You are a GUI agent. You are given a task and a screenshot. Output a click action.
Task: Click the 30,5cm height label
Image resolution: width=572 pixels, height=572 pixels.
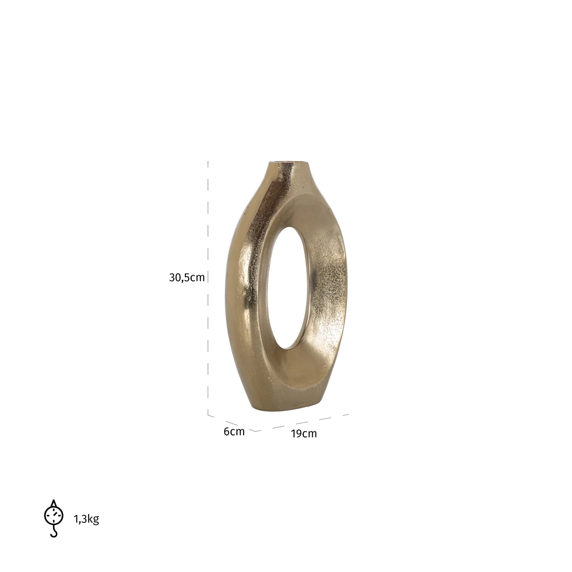point(187,278)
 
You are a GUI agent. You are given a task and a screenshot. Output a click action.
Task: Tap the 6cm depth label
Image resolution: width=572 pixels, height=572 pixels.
point(234,432)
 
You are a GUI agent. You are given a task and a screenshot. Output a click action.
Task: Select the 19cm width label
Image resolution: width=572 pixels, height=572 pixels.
point(304,433)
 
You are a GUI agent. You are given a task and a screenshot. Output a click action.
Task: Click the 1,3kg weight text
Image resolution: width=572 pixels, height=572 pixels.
point(86,519)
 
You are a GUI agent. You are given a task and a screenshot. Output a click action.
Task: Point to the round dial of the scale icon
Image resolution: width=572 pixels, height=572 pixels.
point(54,515)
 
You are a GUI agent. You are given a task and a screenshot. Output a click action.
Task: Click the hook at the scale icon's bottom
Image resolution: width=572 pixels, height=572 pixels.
point(55,532)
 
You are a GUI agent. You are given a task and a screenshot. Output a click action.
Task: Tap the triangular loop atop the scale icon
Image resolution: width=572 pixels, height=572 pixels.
point(54,503)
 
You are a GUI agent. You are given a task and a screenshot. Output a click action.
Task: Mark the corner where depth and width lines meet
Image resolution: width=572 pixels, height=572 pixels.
point(258,431)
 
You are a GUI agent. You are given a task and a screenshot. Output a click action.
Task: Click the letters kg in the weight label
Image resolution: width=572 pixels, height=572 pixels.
point(94,519)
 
